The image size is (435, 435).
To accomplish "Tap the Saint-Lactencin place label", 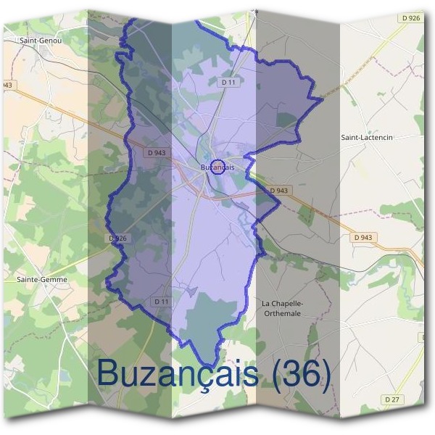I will click(x=366, y=136).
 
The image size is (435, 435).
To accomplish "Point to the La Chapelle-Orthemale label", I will click(x=281, y=308).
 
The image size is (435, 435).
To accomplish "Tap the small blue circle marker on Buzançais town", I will click(x=217, y=166).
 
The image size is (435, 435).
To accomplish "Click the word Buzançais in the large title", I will click(x=177, y=373).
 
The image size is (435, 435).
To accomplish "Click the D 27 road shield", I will click(x=392, y=399).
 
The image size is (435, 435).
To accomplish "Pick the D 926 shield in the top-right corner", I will click(x=410, y=17).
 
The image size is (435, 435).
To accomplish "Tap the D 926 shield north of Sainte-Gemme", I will click(x=117, y=238).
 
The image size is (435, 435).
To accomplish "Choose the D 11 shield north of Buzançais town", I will click(x=229, y=83).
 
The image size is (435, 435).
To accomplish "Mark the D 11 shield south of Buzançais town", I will click(x=161, y=301).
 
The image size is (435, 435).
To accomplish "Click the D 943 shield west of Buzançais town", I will click(x=156, y=152).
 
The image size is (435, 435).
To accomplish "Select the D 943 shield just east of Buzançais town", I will click(x=279, y=191).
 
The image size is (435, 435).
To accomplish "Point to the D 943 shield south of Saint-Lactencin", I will click(x=364, y=237).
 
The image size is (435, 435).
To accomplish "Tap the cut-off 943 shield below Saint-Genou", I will click(x=7, y=86).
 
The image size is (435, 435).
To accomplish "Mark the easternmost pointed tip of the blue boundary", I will click(x=323, y=99).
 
